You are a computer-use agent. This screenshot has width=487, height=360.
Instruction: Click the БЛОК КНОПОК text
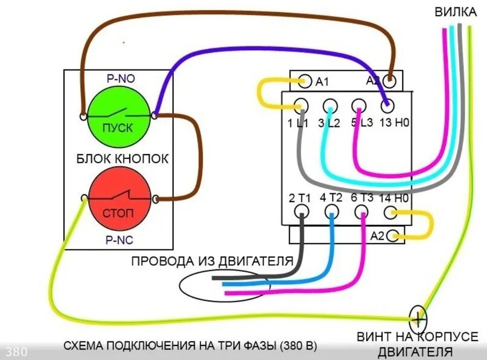pyautogui.click(x=122, y=159)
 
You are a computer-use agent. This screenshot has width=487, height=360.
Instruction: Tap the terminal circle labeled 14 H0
pyautogui.click(x=390, y=212)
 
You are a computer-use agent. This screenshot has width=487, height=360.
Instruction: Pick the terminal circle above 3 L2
pyautogui.click(x=329, y=106)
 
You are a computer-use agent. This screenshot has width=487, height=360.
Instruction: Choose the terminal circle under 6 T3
pyautogui.click(x=361, y=212)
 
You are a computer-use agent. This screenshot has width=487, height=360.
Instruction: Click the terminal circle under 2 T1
pyautogui.click(x=301, y=212)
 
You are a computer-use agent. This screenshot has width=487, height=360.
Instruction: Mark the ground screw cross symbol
pyautogui.click(x=418, y=316)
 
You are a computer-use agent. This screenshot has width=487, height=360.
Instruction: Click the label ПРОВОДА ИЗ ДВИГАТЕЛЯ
pyautogui.click(x=212, y=261)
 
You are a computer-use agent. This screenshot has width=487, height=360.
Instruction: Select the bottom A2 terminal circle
pyautogui.click(x=394, y=236)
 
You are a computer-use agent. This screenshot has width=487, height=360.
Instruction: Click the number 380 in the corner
pyautogui.click(x=16, y=352)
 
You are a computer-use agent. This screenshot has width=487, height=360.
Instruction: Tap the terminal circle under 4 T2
pyautogui.click(x=331, y=212)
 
